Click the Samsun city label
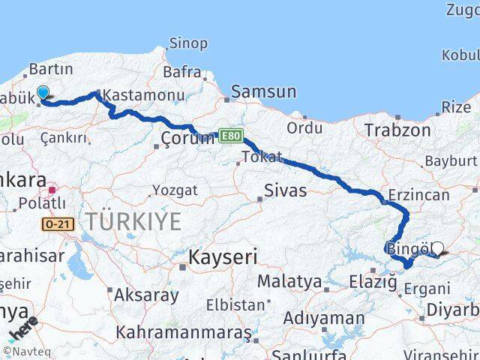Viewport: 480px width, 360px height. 263,91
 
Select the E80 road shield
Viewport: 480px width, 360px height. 232,135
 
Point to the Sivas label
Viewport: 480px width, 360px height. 286,190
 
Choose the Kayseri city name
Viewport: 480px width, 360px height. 223,258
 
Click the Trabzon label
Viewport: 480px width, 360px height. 397,130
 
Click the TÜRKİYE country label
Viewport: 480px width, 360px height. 133,221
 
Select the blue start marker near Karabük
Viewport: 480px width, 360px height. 43,92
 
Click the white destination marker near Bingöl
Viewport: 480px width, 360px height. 437,248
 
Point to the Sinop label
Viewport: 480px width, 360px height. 188,43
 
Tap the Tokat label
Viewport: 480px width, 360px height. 262,157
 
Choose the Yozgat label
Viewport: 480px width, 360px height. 175,190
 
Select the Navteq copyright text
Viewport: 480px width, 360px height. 22,350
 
